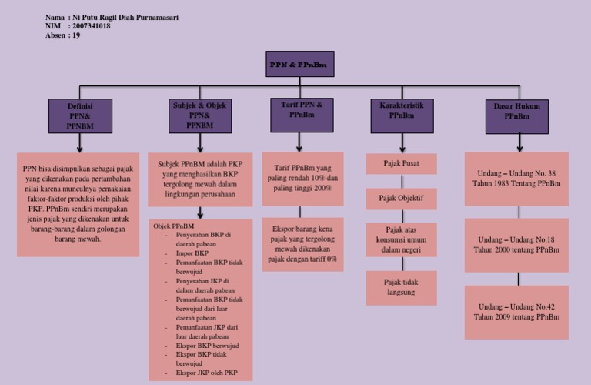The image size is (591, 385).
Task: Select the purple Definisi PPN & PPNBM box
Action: coord(80,116)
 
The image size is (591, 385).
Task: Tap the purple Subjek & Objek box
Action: coord(199,115)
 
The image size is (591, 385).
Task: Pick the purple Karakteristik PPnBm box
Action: coord(402,115)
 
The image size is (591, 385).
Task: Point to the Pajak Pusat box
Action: coord(401,163)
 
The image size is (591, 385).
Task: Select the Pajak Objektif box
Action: coord(401,199)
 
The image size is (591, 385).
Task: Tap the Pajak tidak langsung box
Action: coord(401,287)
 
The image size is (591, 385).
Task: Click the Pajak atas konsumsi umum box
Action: coord(401,239)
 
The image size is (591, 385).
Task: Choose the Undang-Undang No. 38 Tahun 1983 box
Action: coord(516,179)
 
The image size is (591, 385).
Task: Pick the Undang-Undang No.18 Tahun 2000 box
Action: coord(516,245)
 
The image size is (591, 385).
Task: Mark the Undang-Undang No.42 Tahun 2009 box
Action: coord(516,312)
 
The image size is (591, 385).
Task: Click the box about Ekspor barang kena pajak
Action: coord(302,244)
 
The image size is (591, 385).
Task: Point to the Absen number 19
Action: coord(76,35)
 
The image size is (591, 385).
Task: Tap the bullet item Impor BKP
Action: coord(192,253)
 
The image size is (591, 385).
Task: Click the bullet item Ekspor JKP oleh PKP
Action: coord(207,373)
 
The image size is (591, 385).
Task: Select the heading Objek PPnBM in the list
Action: coord(173,226)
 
